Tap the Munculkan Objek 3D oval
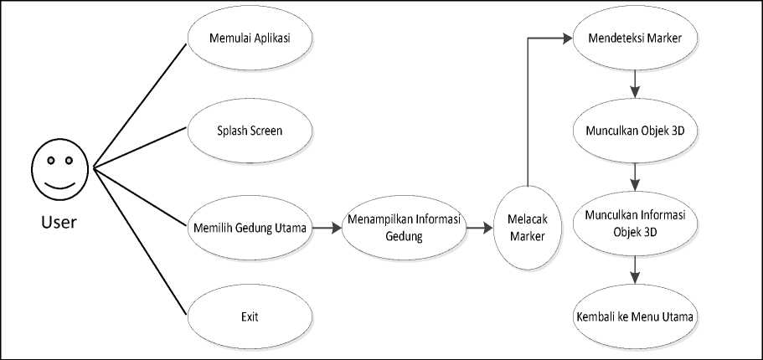635,131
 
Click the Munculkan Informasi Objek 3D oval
635,221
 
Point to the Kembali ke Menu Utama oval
635,317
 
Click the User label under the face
59,222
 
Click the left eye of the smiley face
49,159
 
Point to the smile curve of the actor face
59,183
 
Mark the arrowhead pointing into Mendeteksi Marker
568,39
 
